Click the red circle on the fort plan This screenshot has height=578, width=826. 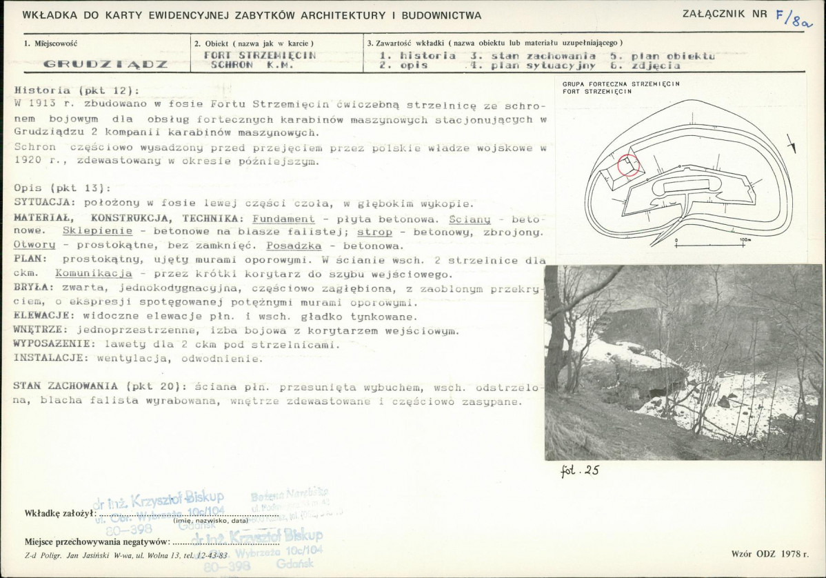pyautogui.click(x=628, y=166)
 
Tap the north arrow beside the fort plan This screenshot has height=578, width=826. pyautogui.click(x=793, y=144)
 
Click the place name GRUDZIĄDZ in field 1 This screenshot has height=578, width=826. pyautogui.click(x=105, y=64)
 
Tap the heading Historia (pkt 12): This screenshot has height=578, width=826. pyautogui.click(x=76, y=90)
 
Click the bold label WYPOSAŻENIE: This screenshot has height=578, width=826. pyautogui.click(x=55, y=344)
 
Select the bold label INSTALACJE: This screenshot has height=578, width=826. pyautogui.click(x=51, y=358)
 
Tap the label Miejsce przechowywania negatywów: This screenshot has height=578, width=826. pyautogui.click(x=97, y=541)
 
